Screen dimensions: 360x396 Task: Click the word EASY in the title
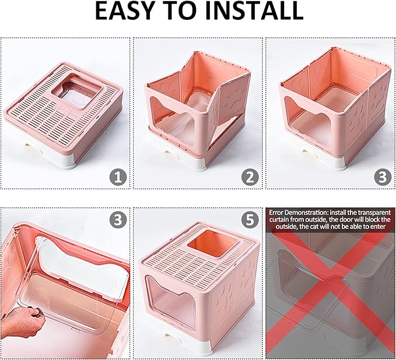(x=129, y=12)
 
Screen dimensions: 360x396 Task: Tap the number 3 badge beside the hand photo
(x=118, y=220)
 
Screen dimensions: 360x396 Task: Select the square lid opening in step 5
(x=209, y=242)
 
